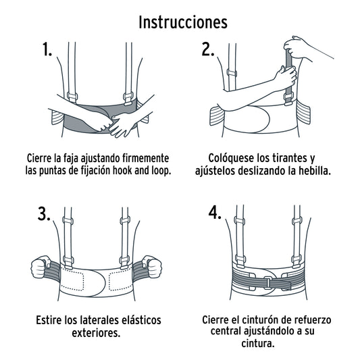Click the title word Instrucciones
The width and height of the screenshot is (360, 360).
(182, 22)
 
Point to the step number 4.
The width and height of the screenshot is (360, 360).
(215, 213)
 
